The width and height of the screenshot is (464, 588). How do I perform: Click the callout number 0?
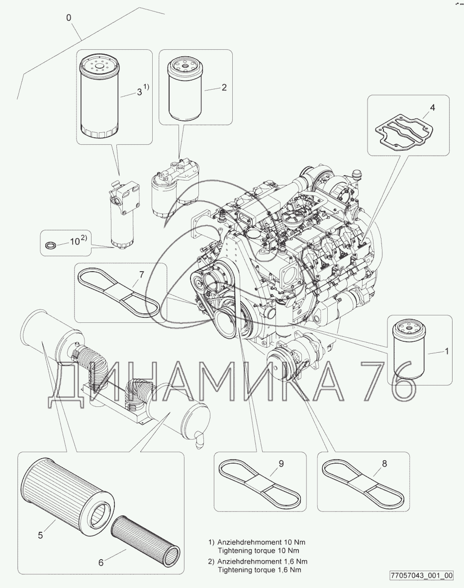tap(69, 18)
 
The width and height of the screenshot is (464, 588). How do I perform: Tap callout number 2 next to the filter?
tap(224, 88)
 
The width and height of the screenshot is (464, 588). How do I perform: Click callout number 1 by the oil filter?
tap(446, 352)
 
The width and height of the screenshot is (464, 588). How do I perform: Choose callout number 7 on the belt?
tap(141, 275)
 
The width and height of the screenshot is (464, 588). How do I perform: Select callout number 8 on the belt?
tap(384, 464)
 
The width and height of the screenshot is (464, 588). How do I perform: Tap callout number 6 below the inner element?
tap(101, 563)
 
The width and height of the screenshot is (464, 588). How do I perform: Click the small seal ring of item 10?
tap(50, 244)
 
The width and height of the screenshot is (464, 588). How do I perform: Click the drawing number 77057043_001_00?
tap(421, 576)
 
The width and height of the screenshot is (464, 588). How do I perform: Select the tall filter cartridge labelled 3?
tap(99, 97)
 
